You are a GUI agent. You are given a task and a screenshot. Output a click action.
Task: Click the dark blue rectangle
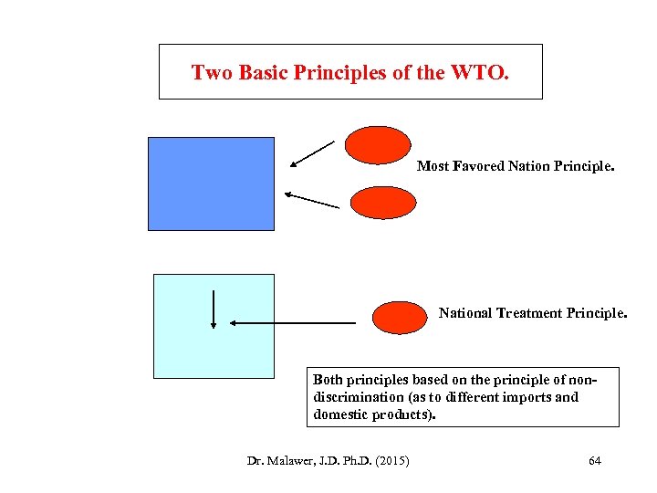(211, 184)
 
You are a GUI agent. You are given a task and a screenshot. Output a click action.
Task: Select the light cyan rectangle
(214, 326)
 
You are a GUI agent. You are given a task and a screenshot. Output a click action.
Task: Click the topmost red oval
(379, 145)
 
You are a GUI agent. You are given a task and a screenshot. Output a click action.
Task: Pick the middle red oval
(383, 203)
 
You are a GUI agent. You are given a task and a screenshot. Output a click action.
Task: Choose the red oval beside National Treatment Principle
(400, 317)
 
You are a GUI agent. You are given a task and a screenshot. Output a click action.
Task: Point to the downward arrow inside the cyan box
(213, 309)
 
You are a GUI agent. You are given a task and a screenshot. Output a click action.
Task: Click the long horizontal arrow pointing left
(292, 322)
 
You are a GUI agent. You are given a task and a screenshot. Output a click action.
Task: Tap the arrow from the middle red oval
(311, 200)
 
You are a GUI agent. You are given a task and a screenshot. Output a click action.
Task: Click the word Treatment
(529, 313)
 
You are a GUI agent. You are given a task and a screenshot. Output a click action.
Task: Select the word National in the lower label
(465, 313)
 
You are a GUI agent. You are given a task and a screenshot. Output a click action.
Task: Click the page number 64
(595, 460)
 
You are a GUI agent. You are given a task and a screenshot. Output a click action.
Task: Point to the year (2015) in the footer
(391, 460)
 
